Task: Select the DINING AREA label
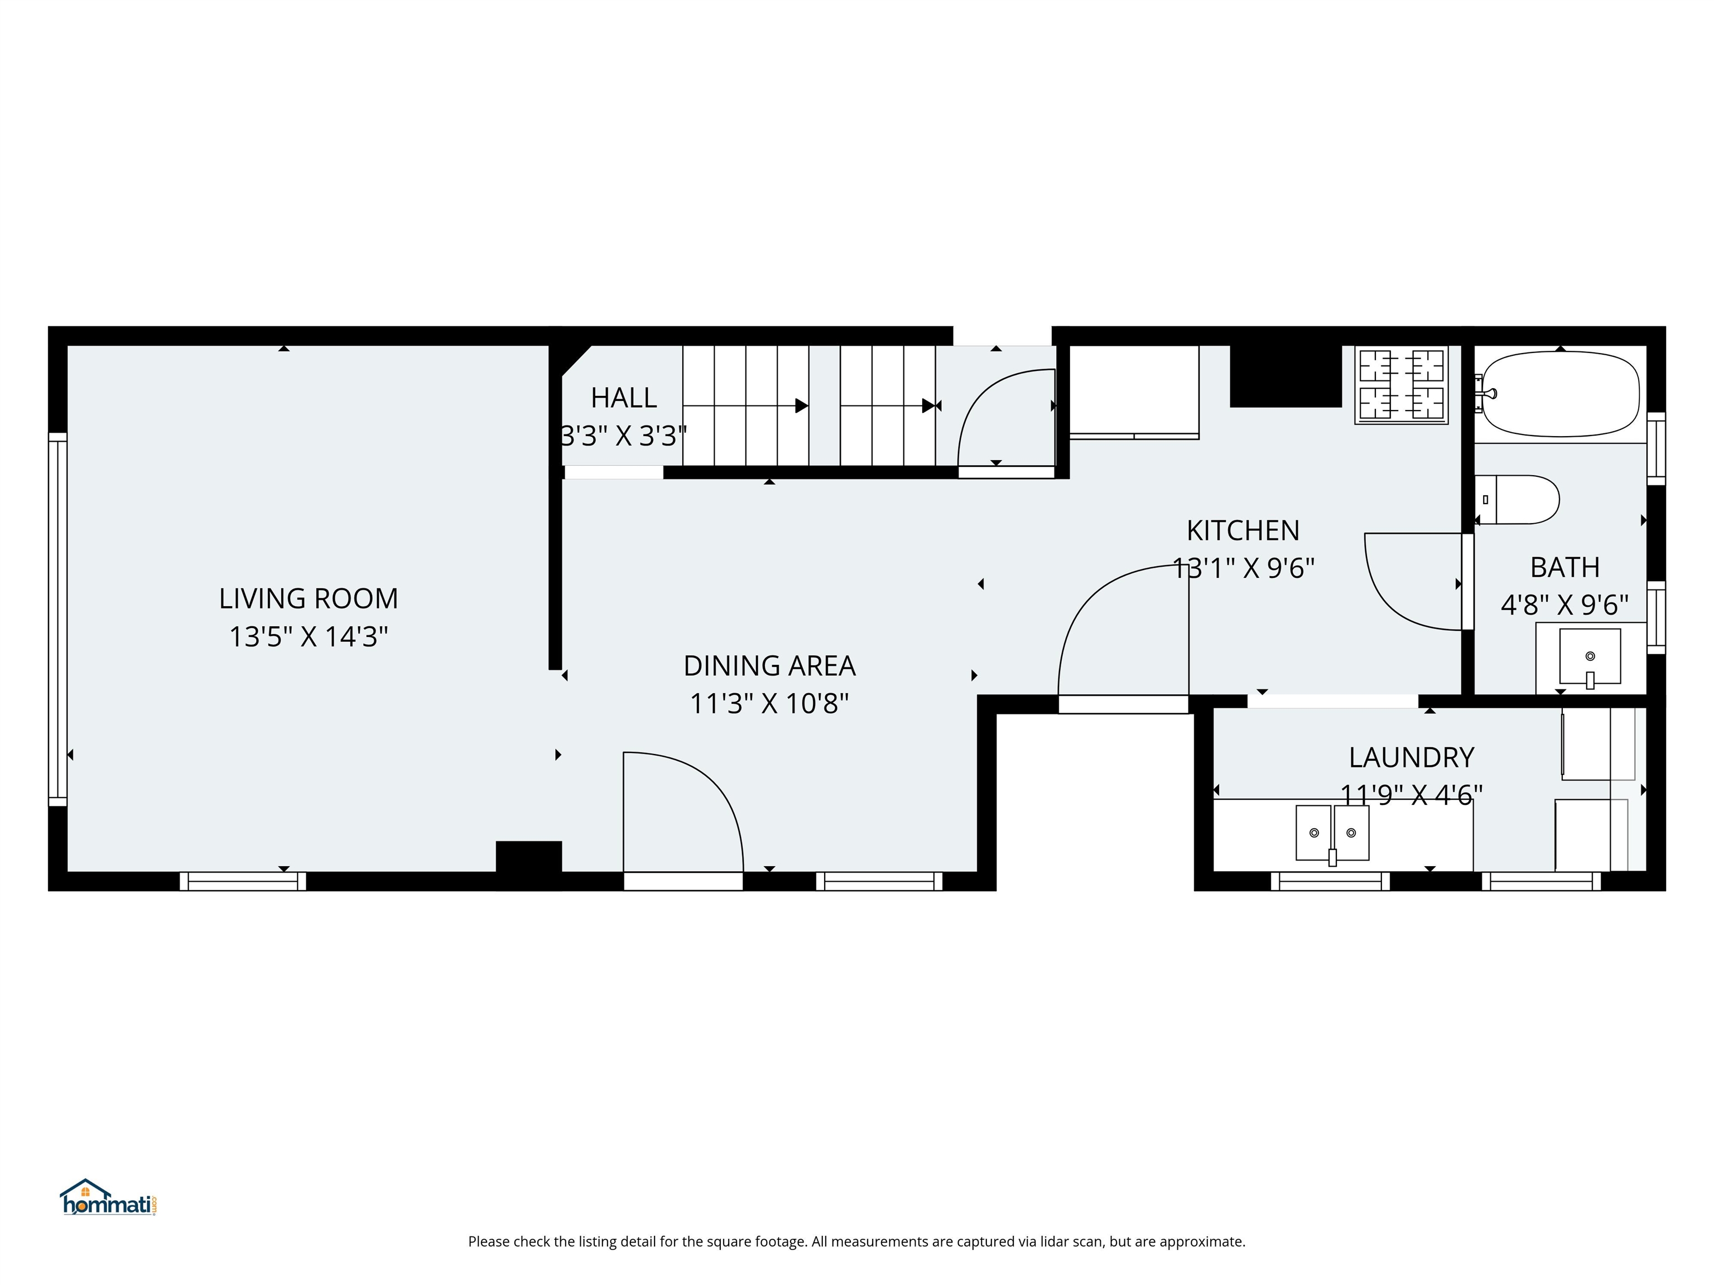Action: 769,665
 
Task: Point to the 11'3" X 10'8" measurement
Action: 769,703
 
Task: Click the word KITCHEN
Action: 1243,530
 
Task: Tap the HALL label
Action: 623,398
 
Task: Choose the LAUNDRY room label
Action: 1411,757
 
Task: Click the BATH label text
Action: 1564,568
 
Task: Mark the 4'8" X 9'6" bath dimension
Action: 1564,605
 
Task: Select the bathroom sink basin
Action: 1589,656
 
